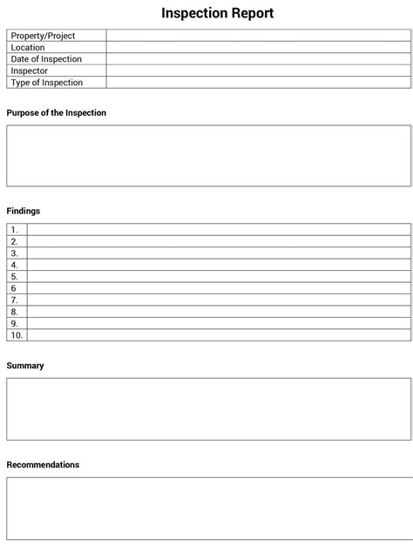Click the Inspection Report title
(217, 13)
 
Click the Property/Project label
(43, 36)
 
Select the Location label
(28, 48)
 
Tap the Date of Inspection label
(46, 59)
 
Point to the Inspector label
(30, 71)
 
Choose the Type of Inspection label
(47, 83)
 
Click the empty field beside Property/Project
(258, 36)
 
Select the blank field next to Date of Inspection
(258, 59)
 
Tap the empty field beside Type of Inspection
(258, 83)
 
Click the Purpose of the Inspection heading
(57, 113)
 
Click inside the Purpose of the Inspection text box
(208, 156)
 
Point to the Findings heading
(24, 211)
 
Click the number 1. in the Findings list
(14, 230)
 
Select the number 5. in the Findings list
(14, 277)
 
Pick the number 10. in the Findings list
(17, 334)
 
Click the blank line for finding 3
(218, 253)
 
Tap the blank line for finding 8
(218, 311)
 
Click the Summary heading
(25, 366)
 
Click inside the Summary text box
(208, 408)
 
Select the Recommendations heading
(43, 465)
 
